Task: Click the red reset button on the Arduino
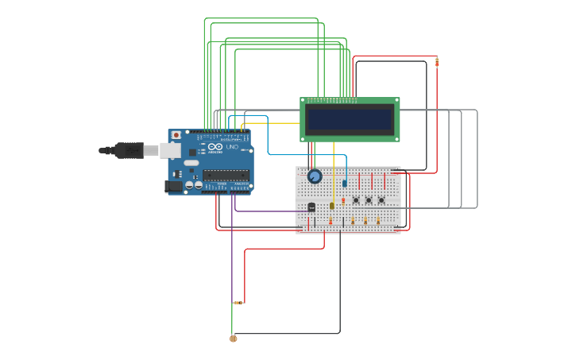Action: pyautogui.click(x=176, y=135)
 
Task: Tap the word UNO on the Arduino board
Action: pyautogui.click(x=232, y=147)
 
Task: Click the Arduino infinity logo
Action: pyautogui.click(x=215, y=147)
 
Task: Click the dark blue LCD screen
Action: pyautogui.click(x=350, y=120)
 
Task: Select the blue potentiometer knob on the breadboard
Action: pyautogui.click(x=315, y=176)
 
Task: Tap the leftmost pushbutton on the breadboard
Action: pyautogui.click(x=356, y=199)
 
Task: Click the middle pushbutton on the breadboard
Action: pyautogui.click(x=369, y=199)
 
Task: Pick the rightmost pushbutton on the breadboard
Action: pyautogui.click(x=381, y=199)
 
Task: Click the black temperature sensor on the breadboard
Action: pyautogui.click(x=311, y=207)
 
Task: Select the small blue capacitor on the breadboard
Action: pyautogui.click(x=345, y=183)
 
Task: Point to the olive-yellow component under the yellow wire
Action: pyautogui.click(x=332, y=206)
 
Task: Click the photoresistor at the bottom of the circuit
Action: pyautogui.click(x=234, y=339)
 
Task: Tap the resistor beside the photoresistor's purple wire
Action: pyautogui.click(x=238, y=303)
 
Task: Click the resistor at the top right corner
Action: pyautogui.click(x=436, y=62)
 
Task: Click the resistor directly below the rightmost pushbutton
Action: pyautogui.click(x=378, y=220)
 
